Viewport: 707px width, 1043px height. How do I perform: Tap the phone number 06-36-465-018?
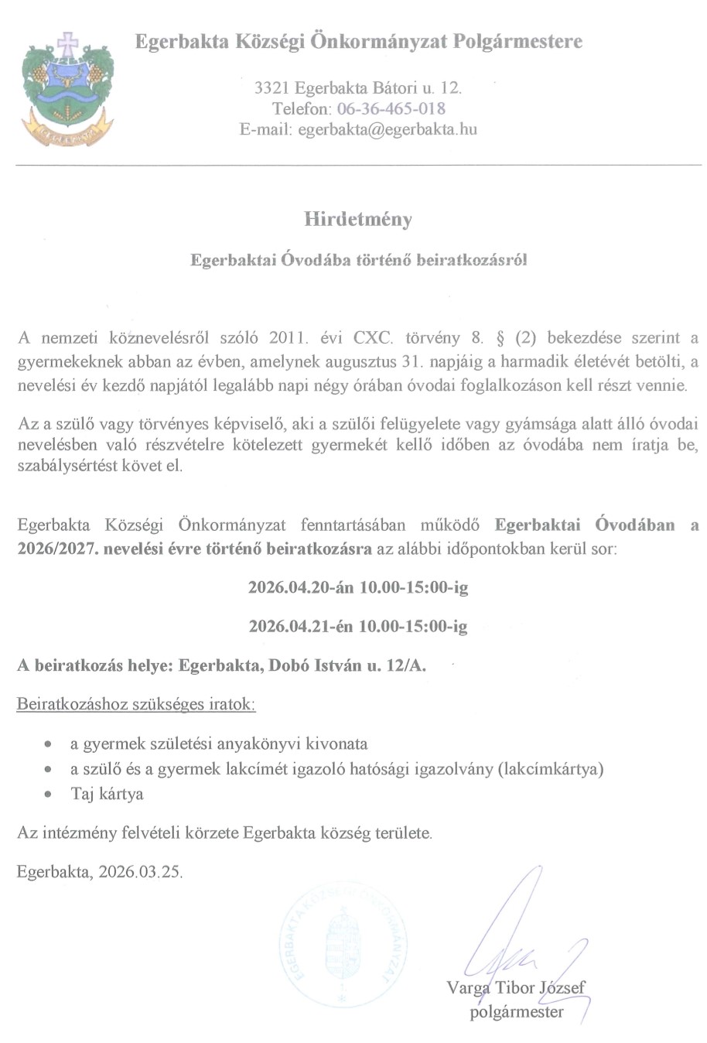pyautogui.click(x=391, y=108)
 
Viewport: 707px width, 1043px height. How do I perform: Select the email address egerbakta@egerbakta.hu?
pyautogui.click(x=387, y=129)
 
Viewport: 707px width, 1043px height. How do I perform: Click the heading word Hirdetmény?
pyautogui.click(x=357, y=219)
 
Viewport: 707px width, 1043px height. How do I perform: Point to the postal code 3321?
pyautogui.click(x=272, y=88)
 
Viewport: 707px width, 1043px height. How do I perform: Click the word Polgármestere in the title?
pyautogui.click(x=517, y=41)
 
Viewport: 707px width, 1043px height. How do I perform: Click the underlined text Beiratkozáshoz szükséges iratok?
pyautogui.click(x=135, y=704)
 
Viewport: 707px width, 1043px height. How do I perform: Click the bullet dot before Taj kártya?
pyautogui.click(x=49, y=794)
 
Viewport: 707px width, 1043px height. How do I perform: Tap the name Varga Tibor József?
pyautogui.click(x=515, y=987)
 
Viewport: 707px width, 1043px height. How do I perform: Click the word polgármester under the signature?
pyautogui.click(x=517, y=1011)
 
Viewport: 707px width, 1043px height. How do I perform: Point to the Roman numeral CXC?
pyautogui.click(x=374, y=337)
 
